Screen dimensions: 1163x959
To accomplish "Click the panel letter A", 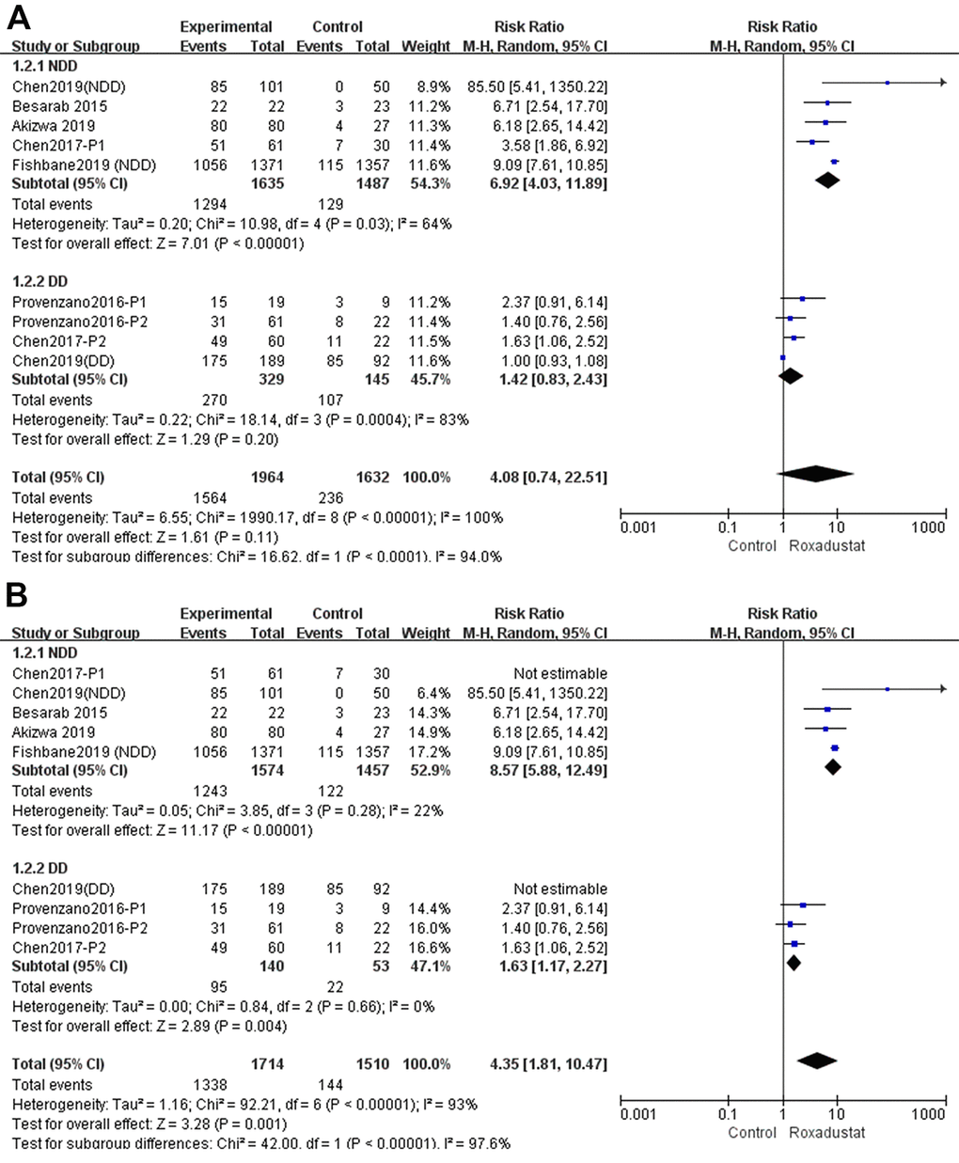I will [19, 16].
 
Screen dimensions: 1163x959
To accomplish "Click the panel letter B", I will [19, 595].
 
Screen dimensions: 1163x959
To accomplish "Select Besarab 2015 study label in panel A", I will [53, 106].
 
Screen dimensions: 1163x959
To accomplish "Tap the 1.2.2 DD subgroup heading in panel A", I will [40, 281].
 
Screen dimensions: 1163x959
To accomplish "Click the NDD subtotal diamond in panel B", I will [832, 767].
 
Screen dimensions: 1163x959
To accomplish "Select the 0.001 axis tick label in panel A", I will [638, 527].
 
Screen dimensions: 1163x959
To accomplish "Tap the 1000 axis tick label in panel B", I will [928, 1114].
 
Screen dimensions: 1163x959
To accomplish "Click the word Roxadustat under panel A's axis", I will [826, 546].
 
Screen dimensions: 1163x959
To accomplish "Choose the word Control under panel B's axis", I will [752, 1133].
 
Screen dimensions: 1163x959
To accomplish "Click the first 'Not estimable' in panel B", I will [560, 673].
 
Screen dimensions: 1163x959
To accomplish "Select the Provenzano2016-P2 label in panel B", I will [80, 928].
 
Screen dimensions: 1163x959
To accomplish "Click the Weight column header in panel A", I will [426, 46].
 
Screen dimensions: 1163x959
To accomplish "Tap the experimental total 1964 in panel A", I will [267, 477].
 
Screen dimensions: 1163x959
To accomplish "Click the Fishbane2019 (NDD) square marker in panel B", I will [834, 748].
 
